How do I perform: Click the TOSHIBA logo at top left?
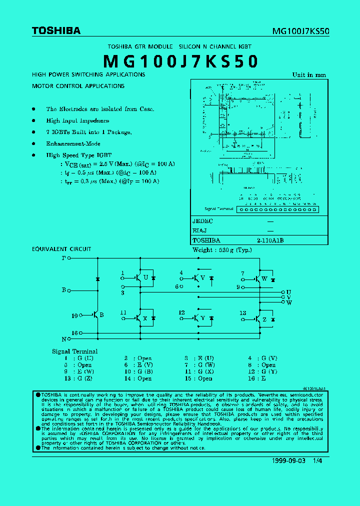[x=56, y=31]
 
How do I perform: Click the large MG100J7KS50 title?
[x=180, y=61]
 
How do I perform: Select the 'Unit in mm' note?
[x=309, y=75]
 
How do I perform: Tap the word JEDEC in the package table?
[x=203, y=221]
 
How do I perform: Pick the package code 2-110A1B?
[x=270, y=240]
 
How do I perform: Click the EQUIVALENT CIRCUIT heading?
[x=61, y=249]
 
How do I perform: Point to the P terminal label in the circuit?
[x=63, y=258]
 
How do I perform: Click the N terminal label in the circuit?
[x=63, y=339]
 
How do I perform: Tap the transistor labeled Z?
[x=258, y=318]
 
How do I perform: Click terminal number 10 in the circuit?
[x=74, y=315]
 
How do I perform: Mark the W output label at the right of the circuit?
[x=289, y=303]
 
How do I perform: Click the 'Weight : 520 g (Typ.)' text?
[x=222, y=250]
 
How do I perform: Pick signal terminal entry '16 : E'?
[x=259, y=378]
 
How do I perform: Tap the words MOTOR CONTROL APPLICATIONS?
[x=78, y=86]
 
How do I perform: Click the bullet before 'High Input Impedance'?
[x=34, y=120]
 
